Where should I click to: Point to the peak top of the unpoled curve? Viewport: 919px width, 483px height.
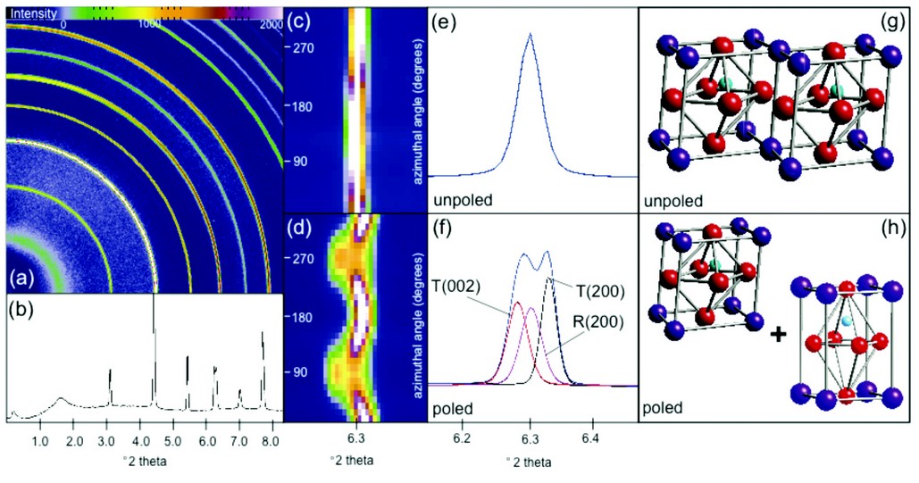point(530,34)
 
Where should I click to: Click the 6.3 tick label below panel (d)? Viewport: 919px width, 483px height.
point(355,438)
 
